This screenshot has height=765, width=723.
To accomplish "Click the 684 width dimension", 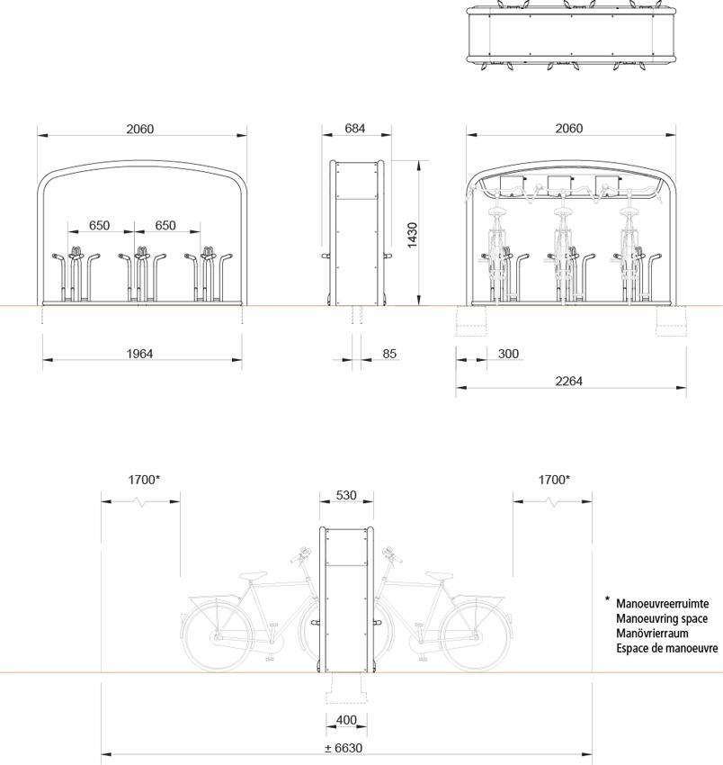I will coord(355,129).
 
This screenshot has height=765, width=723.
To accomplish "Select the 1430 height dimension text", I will coord(412,234).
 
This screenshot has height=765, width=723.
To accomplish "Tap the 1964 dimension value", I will coord(139,354).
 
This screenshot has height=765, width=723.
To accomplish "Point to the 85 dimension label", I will coord(389,354).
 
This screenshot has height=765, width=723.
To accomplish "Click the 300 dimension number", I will coord(508,354).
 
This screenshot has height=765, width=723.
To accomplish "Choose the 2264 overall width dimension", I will coord(568,382).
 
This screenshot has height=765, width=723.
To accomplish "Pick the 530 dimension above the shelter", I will coord(346,495).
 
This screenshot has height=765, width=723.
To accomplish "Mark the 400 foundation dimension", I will coord(346,719).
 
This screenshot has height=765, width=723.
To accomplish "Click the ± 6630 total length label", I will coord(345,747).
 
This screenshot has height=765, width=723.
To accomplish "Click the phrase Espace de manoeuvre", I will coord(667,647).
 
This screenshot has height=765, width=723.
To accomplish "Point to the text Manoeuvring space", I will coord(662,618).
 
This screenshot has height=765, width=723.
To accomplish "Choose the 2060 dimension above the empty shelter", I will coord(139,129).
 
